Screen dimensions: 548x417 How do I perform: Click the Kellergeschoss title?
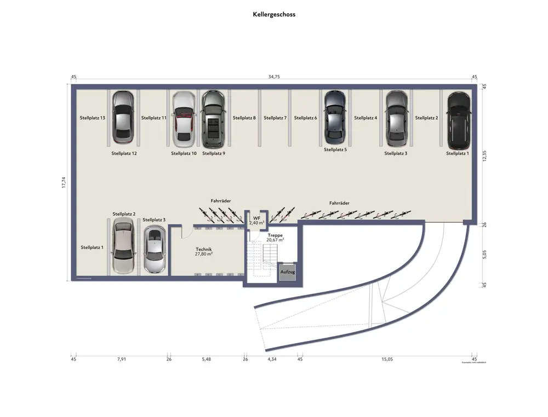tap(274, 15)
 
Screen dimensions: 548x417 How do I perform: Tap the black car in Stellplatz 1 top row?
tap(458, 121)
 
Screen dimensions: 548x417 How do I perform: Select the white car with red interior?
tap(184, 119)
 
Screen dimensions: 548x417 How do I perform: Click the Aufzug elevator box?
tap(288, 272)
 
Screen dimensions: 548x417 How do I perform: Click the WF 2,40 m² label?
tap(256, 221)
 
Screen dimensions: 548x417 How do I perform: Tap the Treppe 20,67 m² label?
tap(275, 238)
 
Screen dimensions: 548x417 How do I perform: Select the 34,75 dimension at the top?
tap(274, 77)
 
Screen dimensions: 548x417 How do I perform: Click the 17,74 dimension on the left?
tap(64, 183)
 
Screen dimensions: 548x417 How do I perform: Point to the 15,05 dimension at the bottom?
tap(387, 360)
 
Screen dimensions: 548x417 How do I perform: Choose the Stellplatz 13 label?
tap(92, 118)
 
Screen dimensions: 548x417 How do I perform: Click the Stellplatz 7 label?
tap(275, 118)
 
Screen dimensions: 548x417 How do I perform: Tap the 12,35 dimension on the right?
tap(484, 156)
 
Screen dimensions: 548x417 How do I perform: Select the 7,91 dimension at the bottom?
tap(121, 360)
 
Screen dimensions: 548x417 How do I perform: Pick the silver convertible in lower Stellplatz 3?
tap(155, 250)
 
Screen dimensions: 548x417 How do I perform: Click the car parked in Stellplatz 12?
tap(123, 117)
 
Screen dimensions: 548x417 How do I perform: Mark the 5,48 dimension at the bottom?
tap(206, 360)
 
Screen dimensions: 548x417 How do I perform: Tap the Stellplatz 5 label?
tap(335, 149)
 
